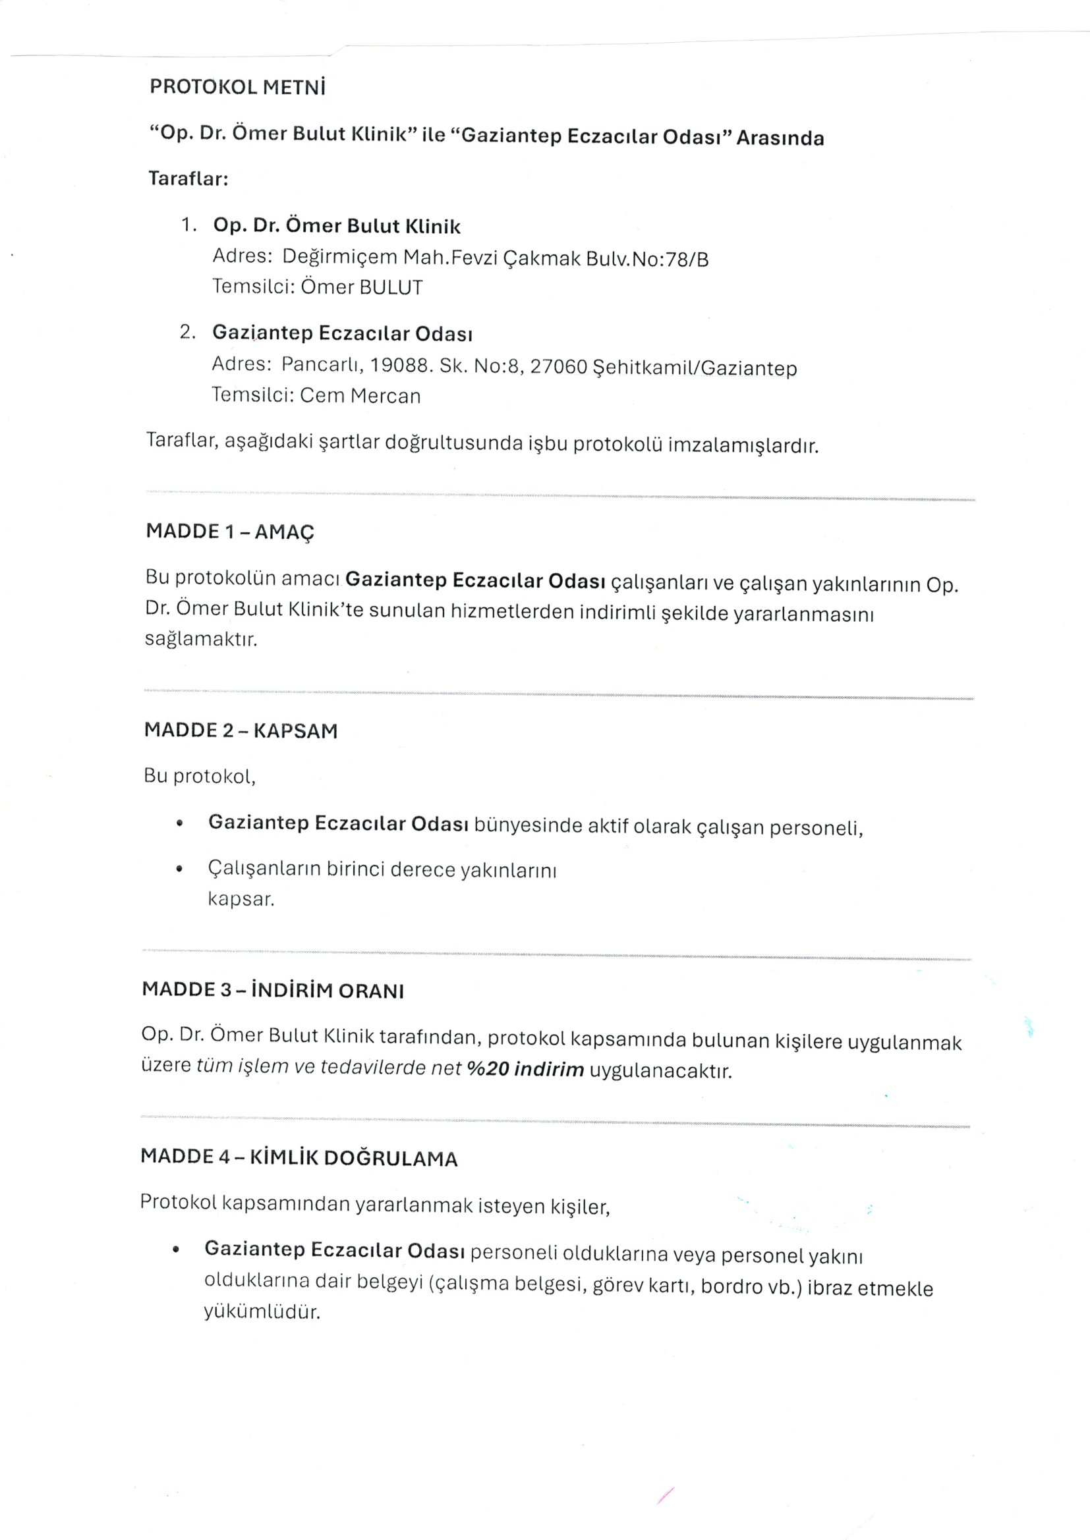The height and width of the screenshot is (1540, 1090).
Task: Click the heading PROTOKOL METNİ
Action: (237, 88)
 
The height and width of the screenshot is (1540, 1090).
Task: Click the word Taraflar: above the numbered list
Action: (188, 180)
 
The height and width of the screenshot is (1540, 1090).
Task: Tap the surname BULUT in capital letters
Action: (391, 288)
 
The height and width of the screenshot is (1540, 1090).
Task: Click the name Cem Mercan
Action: (360, 396)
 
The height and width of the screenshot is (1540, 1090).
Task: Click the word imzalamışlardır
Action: (743, 446)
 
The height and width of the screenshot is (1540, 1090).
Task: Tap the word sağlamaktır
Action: (201, 638)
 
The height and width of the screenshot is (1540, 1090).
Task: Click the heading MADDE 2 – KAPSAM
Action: (241, 730)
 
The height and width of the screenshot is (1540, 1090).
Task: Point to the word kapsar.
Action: (241, 899)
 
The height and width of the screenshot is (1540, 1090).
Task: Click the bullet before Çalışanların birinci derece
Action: (179, 870)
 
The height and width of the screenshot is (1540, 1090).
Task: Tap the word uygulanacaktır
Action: (660, 1070)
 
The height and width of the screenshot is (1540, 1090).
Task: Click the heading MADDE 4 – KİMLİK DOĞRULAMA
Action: (299, 1158)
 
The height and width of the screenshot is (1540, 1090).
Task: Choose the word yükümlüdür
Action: (262, 1312)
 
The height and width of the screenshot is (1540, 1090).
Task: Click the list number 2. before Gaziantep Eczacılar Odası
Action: (187, 332)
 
